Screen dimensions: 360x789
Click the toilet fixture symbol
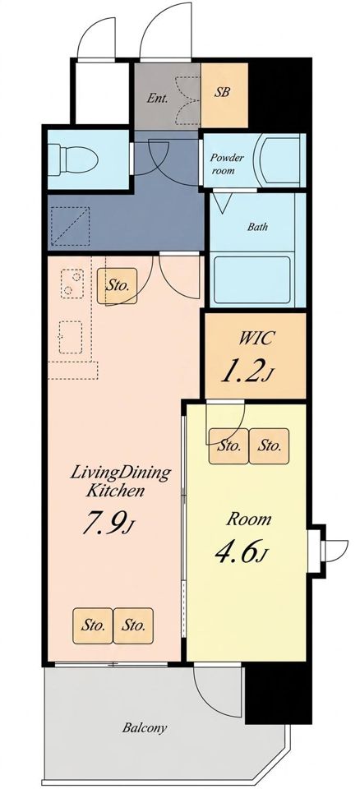coord(73,159)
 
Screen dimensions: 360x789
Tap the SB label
coord(223,93)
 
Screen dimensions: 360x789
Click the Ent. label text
coord(157,98)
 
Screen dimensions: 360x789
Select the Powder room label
coord(227,164)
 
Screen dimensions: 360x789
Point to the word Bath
coord(257,227)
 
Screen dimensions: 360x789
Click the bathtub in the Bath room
coord(252,279)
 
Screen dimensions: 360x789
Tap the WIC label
coord(256,339)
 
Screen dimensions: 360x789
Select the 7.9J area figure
coord(108,524)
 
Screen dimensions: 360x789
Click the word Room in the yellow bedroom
coord(249,519)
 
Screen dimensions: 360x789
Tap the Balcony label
coord(145,727)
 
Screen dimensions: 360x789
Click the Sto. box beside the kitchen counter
coord(117,285)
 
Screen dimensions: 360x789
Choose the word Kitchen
coord(115,490)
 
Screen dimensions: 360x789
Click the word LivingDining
coord(120,473)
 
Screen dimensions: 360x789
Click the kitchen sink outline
coord(71,337)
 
